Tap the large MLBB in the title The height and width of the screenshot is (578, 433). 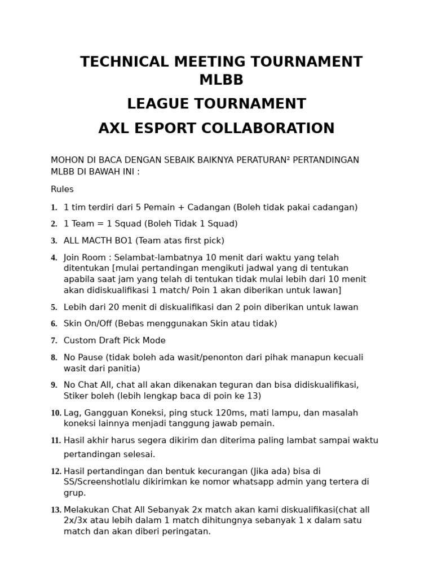pyautogui.click(x=221, y=81)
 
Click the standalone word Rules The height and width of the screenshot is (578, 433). pyautogui.click(x=62, y=190)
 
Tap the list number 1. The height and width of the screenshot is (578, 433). pyautogui.click(x=54, y=208)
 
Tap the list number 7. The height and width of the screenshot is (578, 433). pyautogui.click(x=54, y=341)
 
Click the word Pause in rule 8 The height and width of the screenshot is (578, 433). pyautogui.click(x=90, y=358)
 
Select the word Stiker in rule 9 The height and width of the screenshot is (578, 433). pyautogui.click(x=76, y=396)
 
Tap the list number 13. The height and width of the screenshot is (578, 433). pyautogui.click(x=56, y=510)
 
